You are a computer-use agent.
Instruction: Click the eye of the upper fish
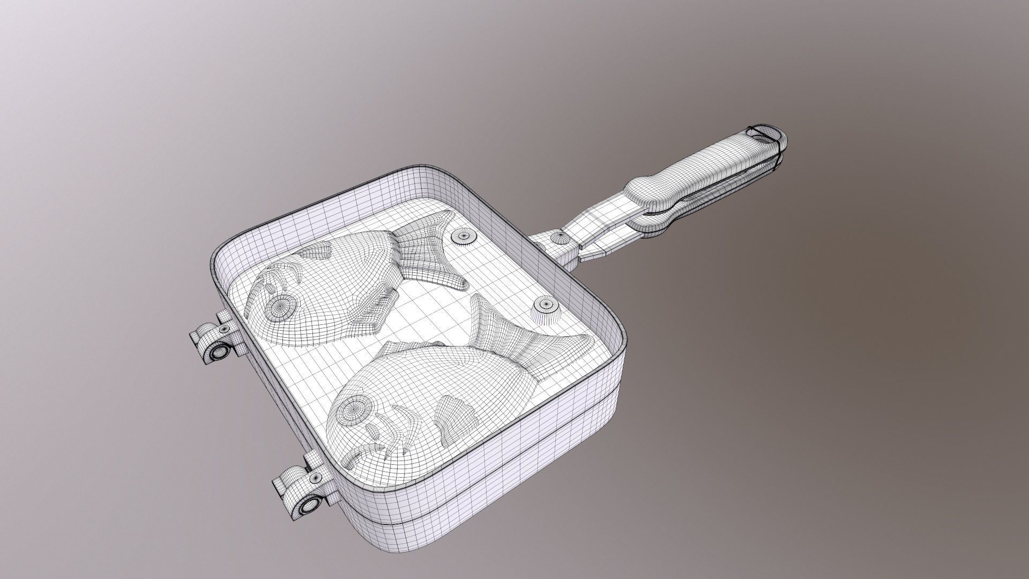coord(280,308)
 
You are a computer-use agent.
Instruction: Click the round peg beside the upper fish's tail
coord(461,235)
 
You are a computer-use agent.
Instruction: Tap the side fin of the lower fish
coord(451,417)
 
